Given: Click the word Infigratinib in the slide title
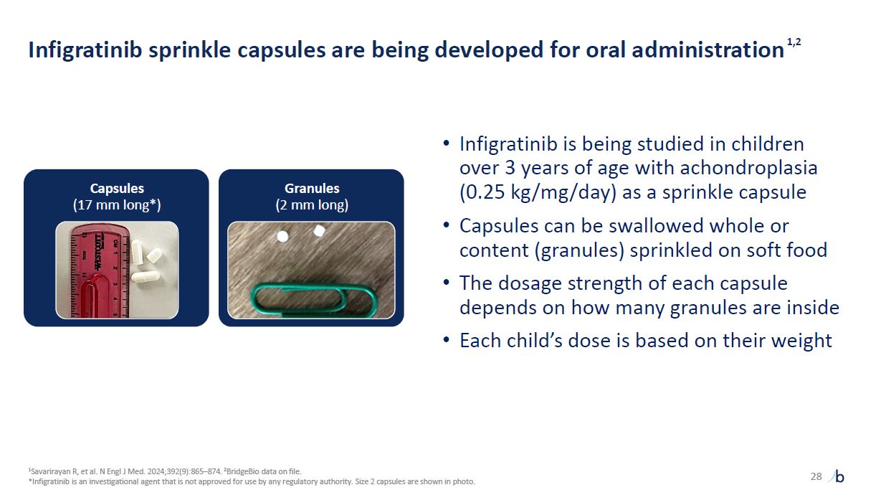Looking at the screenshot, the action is [x=85, y=50].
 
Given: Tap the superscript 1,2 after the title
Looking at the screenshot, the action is [x=794, y=42].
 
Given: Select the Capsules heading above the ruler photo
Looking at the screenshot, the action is [x=117, y=189].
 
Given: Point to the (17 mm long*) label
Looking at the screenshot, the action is [x=117, y=205].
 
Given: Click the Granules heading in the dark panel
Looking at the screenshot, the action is [x=312, y=189].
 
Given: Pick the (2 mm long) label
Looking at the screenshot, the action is [x=312, y=205].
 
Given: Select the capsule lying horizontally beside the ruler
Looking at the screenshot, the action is [x=146, y=276].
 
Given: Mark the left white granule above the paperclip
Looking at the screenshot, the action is [x=282, y=237].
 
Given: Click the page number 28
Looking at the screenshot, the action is [x=816, y=476].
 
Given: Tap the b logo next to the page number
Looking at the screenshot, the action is [x=839, y=476].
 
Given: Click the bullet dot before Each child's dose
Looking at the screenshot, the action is [x=446, y=340].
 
